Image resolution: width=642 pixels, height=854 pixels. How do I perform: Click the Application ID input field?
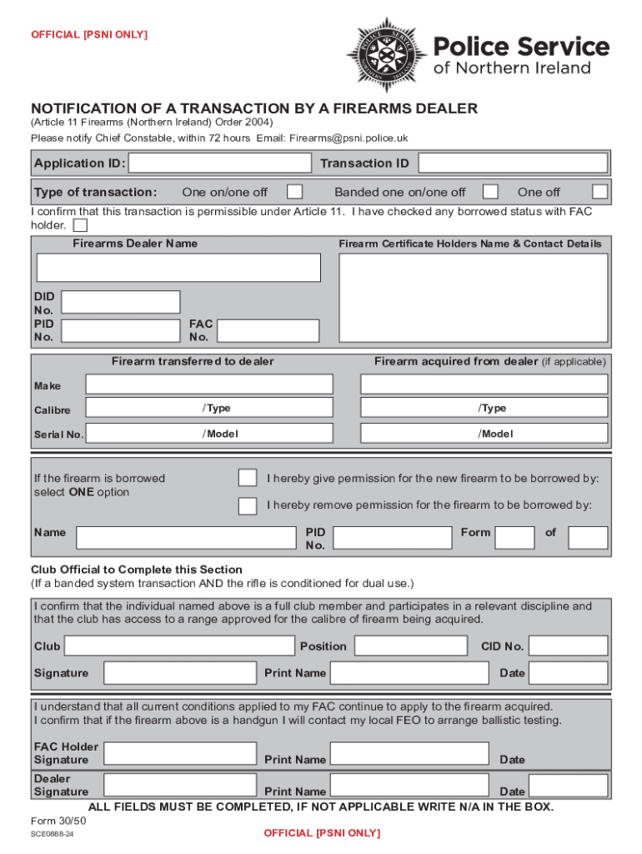click(x=221, y=163)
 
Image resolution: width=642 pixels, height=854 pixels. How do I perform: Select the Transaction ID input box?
click(x=513, y=163)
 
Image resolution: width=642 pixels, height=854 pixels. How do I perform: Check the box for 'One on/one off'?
click(x=294, y=192)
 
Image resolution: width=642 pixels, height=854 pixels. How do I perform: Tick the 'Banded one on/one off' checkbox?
click(x=491, y=192)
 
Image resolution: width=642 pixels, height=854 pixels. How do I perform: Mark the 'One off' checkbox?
click(x=599, y=192)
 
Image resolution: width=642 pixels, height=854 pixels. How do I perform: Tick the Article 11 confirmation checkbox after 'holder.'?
click(x=80, y=225)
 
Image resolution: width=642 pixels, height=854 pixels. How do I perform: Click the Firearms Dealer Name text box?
click(x=178, y=268)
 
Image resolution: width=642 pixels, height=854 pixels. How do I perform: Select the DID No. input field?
click(x=121, y=302)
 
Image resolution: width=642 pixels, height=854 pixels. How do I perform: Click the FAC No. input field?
click(x=266, y=330)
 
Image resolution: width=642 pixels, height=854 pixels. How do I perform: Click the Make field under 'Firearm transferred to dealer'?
click(x=209, y=384)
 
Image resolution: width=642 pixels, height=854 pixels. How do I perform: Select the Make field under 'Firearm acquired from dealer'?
click(x=484, y=384)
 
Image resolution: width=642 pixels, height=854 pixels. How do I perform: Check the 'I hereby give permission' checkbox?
click(x=248, y=477)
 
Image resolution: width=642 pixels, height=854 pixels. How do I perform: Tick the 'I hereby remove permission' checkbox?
click(x=248, y=505)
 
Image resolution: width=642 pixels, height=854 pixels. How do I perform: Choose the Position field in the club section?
click(x=411, y=646)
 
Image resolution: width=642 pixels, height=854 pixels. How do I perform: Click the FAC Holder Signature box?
click(x=179, y=754)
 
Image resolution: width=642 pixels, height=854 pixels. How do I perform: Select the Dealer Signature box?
click(x=179, y=786)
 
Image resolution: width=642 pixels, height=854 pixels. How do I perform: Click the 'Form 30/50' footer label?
click(x=58, y=821)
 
